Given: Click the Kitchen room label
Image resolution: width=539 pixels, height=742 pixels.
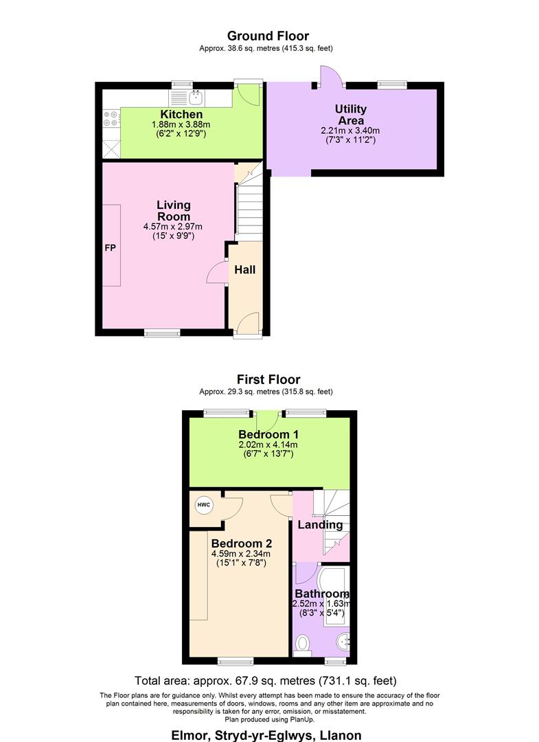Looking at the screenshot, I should pyautogui.click(x=181, y=114).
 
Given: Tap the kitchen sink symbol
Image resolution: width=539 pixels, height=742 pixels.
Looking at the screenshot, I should pyautogui.click(x=196, y=96).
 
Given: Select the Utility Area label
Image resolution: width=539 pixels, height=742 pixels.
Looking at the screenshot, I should pyautogui.click(x=351, y=115).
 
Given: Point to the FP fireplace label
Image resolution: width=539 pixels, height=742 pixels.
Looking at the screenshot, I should pyautogui.click(x=110, y=247).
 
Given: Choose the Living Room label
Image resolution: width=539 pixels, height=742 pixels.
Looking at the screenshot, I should pyautogui.click(x=173, y=210).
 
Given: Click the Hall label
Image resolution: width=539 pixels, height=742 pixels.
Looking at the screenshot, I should pyautogui.click(x=245, y=270).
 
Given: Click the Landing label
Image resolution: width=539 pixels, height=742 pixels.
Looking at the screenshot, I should pyautogui.click(x=319, y=525).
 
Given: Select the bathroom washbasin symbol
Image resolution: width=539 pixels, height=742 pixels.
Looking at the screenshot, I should pyautogui.click(x=343, y=642).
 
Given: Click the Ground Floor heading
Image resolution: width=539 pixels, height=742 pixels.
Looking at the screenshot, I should pyautogui.click(x=268, y=36).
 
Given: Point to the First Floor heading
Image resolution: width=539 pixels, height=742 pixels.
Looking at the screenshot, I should pyautogui.click(x=268, y=379).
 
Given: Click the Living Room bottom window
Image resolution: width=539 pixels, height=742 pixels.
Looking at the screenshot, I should pyautogui.click(x=163, y=333).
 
